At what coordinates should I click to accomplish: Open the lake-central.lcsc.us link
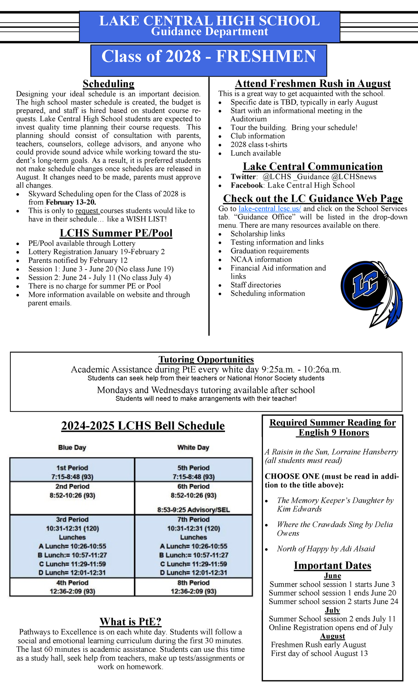coord(270,209)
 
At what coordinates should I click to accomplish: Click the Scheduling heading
coord(108,84)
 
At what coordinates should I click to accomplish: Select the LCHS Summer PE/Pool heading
coord(116,233)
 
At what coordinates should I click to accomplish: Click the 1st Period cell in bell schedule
coord(72,472)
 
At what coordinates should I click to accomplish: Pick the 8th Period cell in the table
coord(193,587)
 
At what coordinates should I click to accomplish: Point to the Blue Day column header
coord(72,447)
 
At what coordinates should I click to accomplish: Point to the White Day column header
coord(193,447)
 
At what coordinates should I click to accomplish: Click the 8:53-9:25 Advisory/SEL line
coord(193,510)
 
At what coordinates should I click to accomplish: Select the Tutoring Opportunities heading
coord(206,359)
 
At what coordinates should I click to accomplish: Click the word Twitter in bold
coord(243,177)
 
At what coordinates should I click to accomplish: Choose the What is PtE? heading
coord(131,621)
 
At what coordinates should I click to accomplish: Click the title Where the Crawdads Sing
coord(320,524)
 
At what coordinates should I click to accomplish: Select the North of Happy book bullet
coord(326,549)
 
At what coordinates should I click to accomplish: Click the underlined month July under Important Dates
coord(332,610)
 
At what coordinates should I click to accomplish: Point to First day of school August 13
coord(319,653)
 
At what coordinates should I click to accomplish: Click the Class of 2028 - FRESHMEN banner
coord(209,57)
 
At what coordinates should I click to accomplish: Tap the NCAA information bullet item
coord(261,259)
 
